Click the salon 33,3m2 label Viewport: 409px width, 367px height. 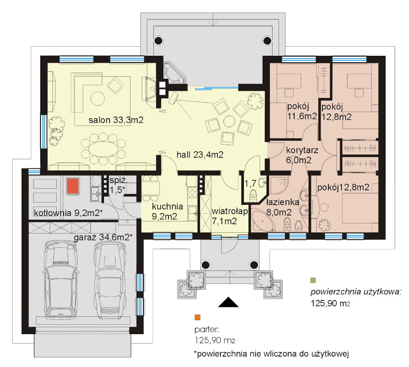pyautogui.click(x=116, y=120)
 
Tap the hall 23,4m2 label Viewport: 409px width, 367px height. pyautogui.click(x=200, y=155)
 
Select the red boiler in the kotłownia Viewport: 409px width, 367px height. pyautogui.click(x=73, y=186)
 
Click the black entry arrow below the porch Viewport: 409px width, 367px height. pyautogui.click(x=228, y=302)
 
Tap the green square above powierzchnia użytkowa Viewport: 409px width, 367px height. pyautogui.click(x=313, y=280)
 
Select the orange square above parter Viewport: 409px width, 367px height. pyautogui.click(x=198, y=317)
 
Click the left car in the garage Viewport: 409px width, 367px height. pyautogui.click(x=61, y=280)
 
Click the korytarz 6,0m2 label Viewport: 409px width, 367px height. pyautogui.click(x=302, y=155)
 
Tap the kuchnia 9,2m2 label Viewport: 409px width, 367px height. pyautogui.click(x=167, y=211)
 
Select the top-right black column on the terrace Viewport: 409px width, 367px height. pyautogui.click(x=267, y=40)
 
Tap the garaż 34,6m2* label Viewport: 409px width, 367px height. pyautogui.click(x=103, y=237)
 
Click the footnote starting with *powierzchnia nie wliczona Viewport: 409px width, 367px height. pyautogui.click(x=271, y=354)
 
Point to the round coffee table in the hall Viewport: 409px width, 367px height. pyautogui.click(x=229, y=121)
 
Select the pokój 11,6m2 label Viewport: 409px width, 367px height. pyautogui.click(x=302, y=111)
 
